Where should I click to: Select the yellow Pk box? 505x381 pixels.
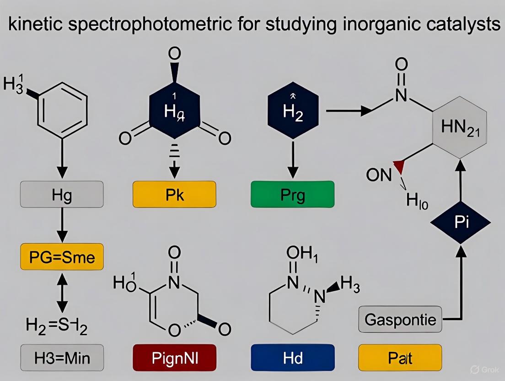[174, 195]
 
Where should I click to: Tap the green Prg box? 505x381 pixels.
[293, 195]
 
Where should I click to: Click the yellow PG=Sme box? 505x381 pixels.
[62, 257]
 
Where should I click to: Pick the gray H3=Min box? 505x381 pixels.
[62, 357]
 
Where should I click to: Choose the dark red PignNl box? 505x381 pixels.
[174, 357]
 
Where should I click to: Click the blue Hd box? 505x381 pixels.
[293, 357]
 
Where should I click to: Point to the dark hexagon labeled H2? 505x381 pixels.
[293, 110]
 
